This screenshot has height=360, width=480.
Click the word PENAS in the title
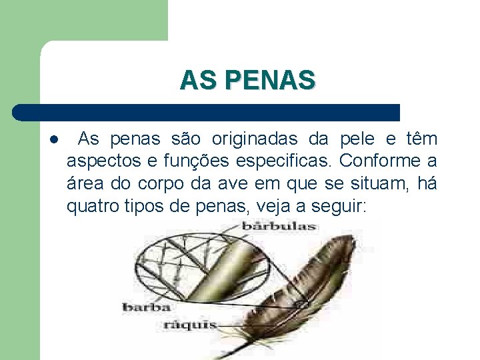click(270, 81)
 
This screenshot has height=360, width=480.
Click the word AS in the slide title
click(197, 81)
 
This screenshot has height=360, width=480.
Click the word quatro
click(93, 206)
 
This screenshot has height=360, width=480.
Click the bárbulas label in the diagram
click(279, 226)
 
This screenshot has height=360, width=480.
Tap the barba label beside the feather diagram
click(146, 307)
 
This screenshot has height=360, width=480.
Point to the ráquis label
click(190, 325)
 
